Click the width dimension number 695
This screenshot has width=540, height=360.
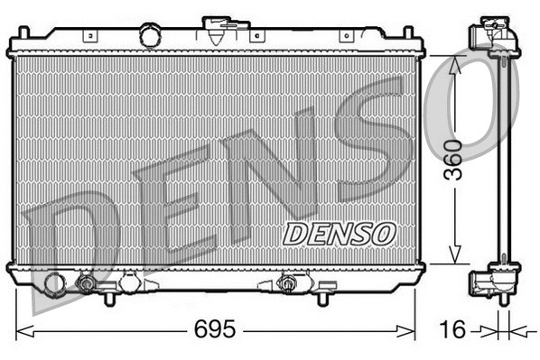click(215, 329)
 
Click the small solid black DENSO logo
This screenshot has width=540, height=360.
click(340, 233)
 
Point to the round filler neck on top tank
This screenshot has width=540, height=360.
click(150, 36)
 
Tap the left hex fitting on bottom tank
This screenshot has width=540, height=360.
click(87, 284)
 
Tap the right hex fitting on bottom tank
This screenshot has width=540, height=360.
click(288, 284)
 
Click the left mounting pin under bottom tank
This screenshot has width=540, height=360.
click(109, 297)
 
